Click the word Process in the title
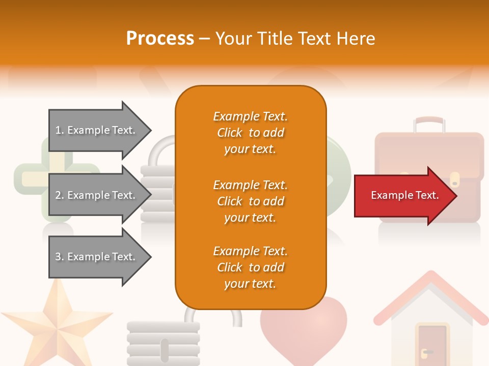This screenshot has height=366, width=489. (160, 39)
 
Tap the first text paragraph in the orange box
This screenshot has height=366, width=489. (250, 133)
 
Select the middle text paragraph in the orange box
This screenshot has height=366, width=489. (250, 201)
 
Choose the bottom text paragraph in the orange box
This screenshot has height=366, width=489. (250, 267)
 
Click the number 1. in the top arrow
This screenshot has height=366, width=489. (60, 130)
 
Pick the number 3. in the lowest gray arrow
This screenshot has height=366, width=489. (60, 257)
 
